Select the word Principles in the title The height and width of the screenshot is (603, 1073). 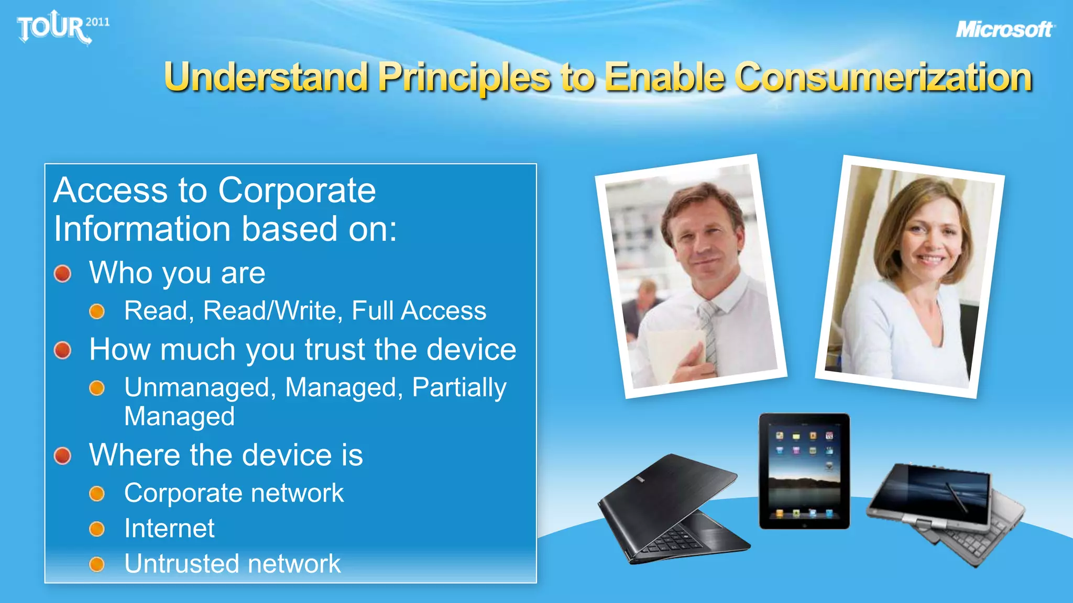(464, 77)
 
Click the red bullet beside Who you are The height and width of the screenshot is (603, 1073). (63, 273)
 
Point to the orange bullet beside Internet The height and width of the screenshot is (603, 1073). (97, 529)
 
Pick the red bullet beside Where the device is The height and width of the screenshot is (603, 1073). (63, 455)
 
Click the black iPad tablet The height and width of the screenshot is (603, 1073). (804, 471)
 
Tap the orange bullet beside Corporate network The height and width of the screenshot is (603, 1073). (97, 494)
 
